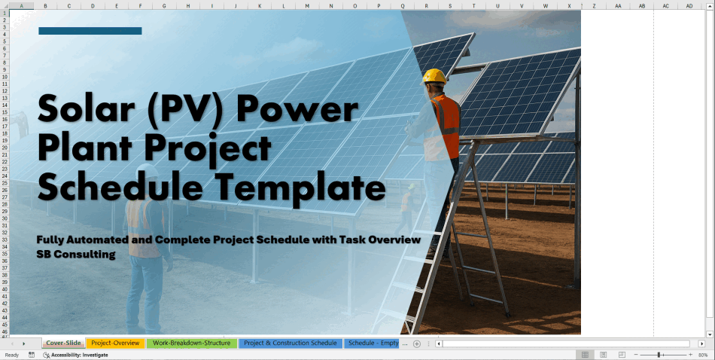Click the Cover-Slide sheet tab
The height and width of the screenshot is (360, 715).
[63, 343]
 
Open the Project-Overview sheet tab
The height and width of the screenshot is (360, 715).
[115, 343]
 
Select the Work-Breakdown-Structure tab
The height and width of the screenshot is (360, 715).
[191, 343]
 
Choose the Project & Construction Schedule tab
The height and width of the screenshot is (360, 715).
[290, 343]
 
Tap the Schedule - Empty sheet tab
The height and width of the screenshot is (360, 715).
[373, 343]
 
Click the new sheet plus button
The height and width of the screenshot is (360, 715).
[417, 343]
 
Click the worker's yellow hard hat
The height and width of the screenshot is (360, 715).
[434, 76]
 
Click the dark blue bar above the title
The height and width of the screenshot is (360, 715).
[90, 31]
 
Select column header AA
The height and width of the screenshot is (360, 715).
[617, 6]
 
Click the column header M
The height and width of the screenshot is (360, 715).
[307, 6]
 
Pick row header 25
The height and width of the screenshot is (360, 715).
[5, 183]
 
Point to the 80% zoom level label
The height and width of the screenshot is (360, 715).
[703, 355]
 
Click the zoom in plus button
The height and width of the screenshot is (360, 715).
[690, 355]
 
